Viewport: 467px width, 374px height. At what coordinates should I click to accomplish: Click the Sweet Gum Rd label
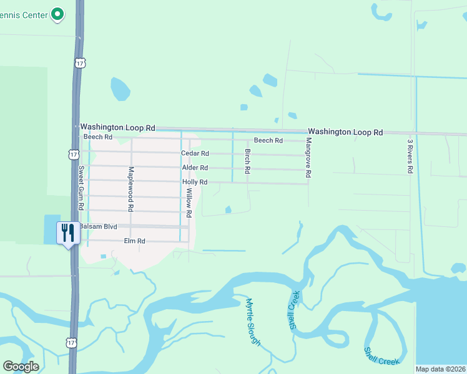point(81,183)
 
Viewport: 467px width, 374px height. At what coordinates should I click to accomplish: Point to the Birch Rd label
point(247,161)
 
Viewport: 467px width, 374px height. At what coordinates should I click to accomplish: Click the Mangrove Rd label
point(308,160)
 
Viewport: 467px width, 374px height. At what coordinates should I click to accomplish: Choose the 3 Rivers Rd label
point(410,156)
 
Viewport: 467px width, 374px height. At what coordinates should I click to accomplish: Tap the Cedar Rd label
point(194,153)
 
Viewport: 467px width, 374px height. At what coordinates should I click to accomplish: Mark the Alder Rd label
point(194,168)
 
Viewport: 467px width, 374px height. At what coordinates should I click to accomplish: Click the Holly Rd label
point(194,182)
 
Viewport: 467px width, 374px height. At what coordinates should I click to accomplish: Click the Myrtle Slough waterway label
point(252,322)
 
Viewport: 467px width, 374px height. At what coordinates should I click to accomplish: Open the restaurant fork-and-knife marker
point(67,233)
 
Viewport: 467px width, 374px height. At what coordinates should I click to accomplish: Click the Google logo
point(21,367)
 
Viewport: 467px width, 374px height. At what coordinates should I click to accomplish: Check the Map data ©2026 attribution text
point(441,369)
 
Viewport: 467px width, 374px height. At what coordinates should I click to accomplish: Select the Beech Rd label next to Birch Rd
point(268,140)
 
